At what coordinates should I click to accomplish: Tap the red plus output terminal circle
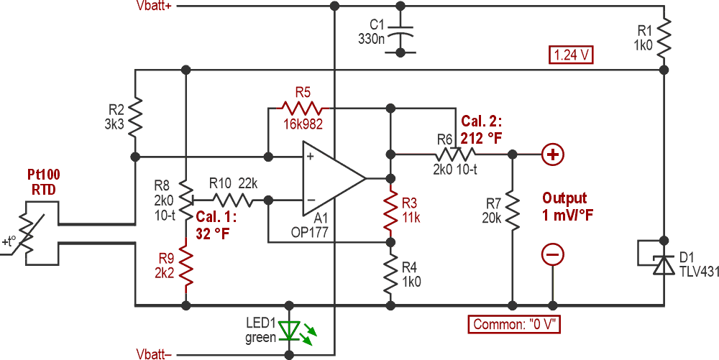554,154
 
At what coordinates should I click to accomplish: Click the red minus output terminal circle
554,253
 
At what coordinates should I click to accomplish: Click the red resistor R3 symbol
390,208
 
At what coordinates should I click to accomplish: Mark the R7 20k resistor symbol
513,208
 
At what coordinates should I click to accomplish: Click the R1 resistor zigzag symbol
663,35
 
